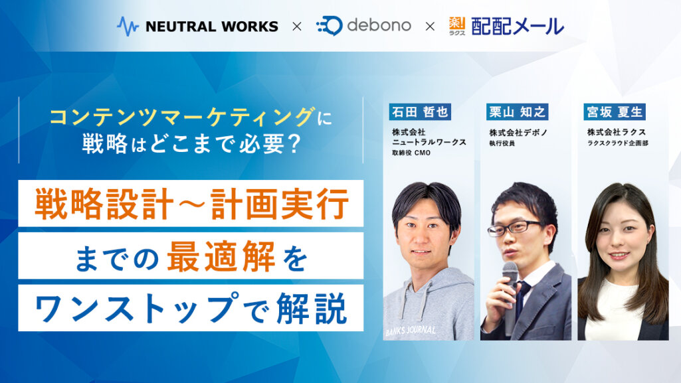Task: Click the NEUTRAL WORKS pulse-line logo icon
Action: [128, 27]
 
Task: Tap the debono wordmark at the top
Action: [379, 25]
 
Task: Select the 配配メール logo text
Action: [518, 27]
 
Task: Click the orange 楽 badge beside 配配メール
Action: [457, 26]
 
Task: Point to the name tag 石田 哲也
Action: [420, 112]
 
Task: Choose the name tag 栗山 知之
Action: [518, 112]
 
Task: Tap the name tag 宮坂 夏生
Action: [615, 112]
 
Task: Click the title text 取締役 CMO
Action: [411, 153]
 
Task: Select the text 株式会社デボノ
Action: [518, 133]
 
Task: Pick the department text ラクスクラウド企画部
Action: [617, 143]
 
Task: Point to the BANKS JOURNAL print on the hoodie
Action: [411, 331]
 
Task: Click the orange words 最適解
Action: [221, 256]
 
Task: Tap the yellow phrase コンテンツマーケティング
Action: [181, 117]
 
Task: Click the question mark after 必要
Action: [294, 143]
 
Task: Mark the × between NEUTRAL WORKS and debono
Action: [297, 27]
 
